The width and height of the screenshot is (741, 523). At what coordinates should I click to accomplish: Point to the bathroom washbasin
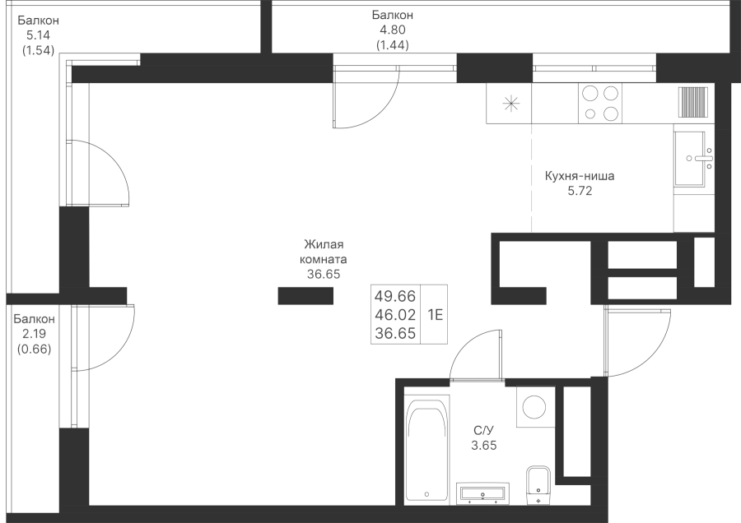point(484,493)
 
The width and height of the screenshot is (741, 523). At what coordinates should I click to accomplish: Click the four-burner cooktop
point(600,104)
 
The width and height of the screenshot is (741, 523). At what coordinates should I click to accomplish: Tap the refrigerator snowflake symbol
point(510,104)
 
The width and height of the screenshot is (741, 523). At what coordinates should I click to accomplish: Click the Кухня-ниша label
point(580,176)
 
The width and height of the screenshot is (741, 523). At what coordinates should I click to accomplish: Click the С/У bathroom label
point(484,431)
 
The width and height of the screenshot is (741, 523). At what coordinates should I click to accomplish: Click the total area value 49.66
point(395,296)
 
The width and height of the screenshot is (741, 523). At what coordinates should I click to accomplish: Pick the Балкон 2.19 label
point(35,333)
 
